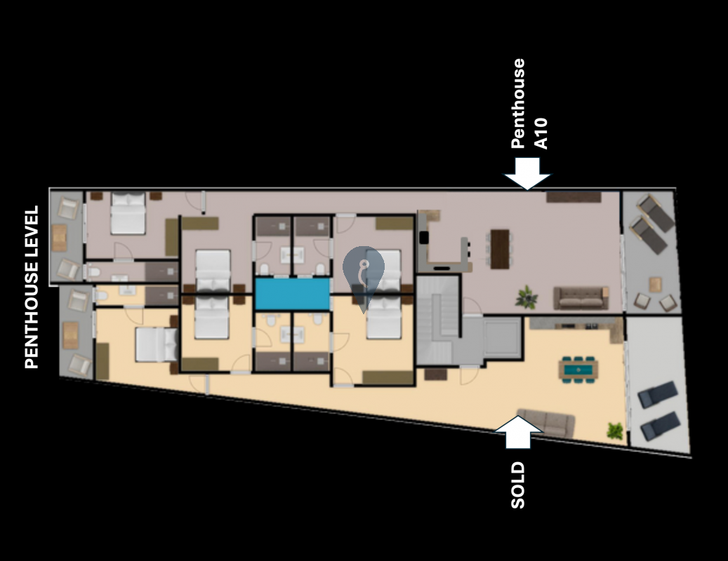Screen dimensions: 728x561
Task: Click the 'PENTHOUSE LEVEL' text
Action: coord(32,288)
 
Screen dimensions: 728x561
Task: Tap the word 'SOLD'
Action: coord(517,485)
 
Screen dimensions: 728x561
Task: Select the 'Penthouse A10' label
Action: coord(529,103)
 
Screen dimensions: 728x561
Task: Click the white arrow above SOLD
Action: coord(518,432)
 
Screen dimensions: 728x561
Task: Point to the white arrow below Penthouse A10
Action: coord(527,173)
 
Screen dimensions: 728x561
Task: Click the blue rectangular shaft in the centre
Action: coord(293,294)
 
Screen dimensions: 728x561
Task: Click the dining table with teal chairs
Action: coord(578,370)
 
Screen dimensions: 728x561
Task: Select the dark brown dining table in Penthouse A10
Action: coord(500,249)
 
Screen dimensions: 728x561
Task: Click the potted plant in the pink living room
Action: coord(527,297)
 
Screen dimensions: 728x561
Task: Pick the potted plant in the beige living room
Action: coord(615,431)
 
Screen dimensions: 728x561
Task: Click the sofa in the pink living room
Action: coord(581,297)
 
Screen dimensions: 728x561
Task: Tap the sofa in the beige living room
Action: coord(546,422)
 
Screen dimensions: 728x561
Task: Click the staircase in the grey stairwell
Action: coord(438,320)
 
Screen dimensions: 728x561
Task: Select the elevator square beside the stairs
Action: coord(503,337)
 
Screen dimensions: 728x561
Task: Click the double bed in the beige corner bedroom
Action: coord(157,344)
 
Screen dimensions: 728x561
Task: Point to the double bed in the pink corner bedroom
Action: coord(128,213)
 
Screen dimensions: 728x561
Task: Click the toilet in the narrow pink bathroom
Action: coord(94,272)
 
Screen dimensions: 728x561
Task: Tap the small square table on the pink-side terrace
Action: coord(655,284)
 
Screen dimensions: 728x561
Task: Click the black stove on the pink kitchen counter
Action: coord(424,238)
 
